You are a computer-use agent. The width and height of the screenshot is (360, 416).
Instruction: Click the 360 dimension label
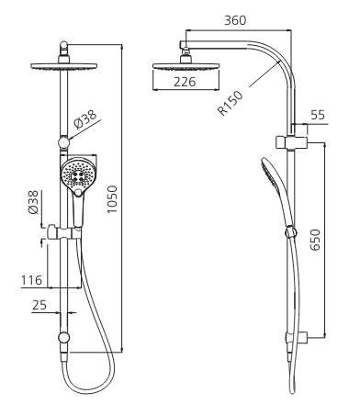point(235,20)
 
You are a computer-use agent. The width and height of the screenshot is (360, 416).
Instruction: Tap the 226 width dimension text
point(185,82)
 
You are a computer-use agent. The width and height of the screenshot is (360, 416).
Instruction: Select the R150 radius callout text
point(231,103)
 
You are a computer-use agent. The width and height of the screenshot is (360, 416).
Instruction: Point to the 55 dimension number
point(318,115)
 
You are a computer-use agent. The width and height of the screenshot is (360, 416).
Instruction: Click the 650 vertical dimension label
point(315,240)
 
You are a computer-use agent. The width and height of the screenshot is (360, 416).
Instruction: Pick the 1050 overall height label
point(112,199)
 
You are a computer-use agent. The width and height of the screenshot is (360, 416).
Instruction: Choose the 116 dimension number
point(31,280)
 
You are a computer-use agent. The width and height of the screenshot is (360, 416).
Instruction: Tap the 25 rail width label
point(39,305)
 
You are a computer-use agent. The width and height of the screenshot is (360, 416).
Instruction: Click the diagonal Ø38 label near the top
point(85,119)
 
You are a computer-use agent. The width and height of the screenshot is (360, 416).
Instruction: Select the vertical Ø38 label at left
point(33,202)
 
